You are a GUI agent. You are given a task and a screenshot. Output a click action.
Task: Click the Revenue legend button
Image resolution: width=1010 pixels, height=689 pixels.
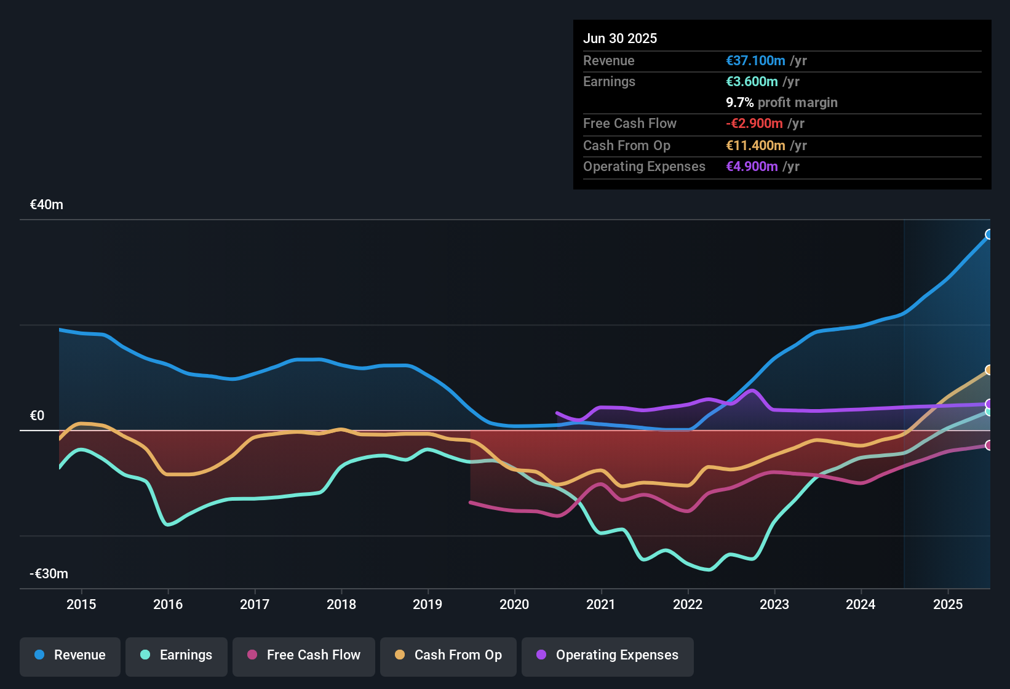[x=70, y=655]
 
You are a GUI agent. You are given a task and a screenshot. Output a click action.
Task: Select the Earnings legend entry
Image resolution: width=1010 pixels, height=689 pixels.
[x=177, y=655]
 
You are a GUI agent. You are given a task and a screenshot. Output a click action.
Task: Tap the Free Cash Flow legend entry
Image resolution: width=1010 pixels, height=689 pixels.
[x=304, y=655]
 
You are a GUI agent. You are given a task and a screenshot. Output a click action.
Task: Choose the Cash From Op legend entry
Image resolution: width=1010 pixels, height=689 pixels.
[x=448, y=655]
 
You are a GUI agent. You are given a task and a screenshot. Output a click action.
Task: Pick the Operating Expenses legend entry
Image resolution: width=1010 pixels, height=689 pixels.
[x=608, y=655]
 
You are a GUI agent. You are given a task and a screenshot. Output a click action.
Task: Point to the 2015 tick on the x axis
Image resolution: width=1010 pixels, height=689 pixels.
[x=81, y=604]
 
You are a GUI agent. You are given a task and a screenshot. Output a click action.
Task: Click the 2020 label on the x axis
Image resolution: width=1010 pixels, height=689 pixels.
[x=514, y=604]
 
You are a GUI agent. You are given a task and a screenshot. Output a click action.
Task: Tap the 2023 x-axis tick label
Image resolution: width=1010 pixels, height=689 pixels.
[x=774, y=604]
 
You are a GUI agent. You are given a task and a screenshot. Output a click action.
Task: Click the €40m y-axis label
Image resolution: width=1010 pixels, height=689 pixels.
[x=47, y=205]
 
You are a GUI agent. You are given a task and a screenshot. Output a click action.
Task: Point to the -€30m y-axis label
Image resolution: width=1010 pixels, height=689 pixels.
[x=49, y=574]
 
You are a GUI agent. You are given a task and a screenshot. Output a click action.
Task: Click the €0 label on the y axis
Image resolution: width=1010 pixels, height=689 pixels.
[x=37, y=416]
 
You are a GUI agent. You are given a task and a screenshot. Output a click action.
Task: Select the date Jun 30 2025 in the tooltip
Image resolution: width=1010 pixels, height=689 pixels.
[x=620, y=38]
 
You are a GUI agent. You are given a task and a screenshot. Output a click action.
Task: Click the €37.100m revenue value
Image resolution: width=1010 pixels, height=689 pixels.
[x=755, y=60]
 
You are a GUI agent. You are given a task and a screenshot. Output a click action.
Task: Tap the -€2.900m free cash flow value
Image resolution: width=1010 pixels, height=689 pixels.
[x=754, y=123]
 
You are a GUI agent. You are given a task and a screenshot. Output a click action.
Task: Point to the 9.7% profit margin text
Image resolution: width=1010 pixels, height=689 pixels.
[x=782, y=102]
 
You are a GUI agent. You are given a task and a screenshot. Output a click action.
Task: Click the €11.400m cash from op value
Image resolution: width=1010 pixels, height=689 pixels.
[x=755, y=145]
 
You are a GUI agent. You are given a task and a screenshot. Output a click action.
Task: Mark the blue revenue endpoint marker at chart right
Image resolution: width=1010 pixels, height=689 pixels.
[x=989, y=234]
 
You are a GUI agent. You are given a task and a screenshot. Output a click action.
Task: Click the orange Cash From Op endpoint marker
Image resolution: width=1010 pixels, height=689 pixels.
[x=989, y=370]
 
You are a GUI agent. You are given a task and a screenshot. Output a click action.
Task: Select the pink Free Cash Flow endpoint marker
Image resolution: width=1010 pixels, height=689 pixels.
[x=989, y=445]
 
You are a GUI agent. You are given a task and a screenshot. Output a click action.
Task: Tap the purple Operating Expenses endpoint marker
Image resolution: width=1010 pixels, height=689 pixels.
[x=989, y=404]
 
